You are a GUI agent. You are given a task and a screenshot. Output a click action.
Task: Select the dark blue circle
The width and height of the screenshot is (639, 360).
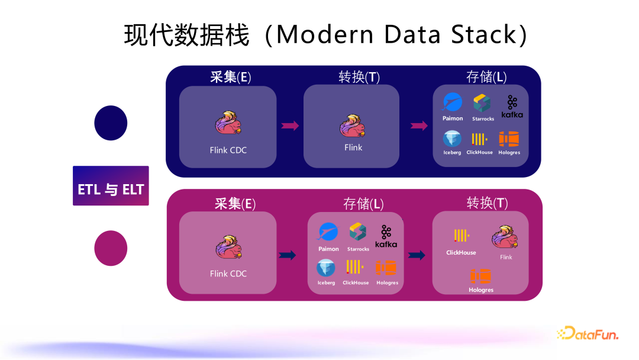[111, 123]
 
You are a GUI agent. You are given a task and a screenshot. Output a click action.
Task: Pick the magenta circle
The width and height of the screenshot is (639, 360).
[111, 248]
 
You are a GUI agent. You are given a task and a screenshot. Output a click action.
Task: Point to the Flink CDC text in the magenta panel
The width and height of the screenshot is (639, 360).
[228, 274]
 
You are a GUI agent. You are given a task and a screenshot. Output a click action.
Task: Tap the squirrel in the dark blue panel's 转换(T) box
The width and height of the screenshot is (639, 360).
[353, 125]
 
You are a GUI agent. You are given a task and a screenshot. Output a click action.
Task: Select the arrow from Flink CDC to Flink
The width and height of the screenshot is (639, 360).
[290, 126]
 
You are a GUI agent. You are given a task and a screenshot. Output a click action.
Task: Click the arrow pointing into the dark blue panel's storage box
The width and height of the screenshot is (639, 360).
[419, 126]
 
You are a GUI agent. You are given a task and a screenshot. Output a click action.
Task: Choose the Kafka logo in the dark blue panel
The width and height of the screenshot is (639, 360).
[512, 106]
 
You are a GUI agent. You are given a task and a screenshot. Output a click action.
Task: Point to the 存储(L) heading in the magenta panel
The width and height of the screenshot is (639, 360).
[363, 204]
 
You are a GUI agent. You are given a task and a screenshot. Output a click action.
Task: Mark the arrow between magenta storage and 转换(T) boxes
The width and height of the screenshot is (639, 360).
[417, 255]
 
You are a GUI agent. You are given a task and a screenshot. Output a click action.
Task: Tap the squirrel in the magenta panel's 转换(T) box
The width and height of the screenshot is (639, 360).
[505, 239]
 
